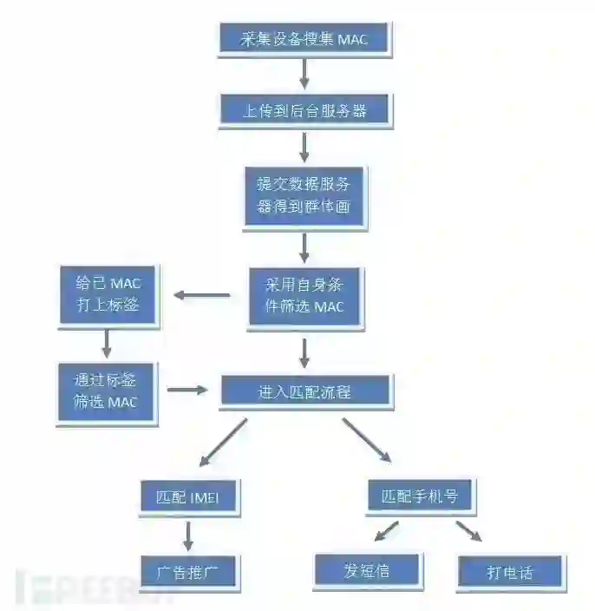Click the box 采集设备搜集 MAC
coord(304,40)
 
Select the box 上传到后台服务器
coord(304,111)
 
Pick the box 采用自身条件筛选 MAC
coord(304,296)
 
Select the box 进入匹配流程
coord(304,391)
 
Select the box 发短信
coord(367,570)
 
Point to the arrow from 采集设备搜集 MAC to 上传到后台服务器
coord(304,75)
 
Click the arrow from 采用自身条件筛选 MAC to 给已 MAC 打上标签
coord(202,295)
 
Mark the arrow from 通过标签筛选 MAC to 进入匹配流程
coord(187,390)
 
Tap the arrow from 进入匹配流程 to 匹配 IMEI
coord(224,443)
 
